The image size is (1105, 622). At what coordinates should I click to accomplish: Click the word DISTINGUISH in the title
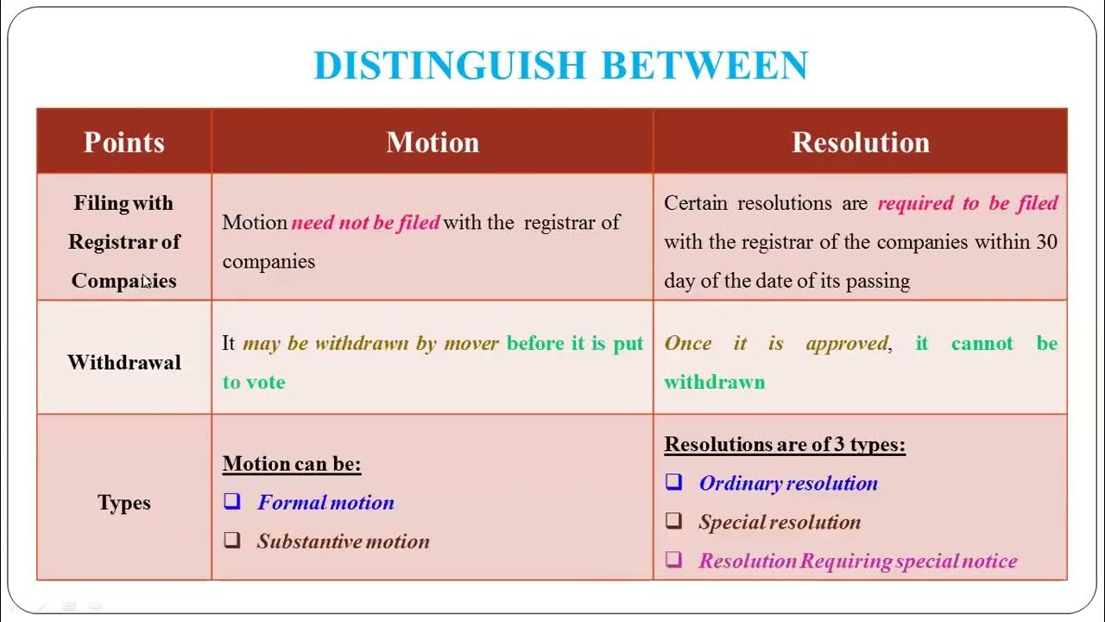pos(450,66)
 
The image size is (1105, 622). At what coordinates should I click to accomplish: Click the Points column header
pos(124,143)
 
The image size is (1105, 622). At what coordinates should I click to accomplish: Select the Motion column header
pos(433,143)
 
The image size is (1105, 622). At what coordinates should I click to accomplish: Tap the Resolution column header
pos(861,143)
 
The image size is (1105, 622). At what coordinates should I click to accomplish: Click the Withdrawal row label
pos(124,362)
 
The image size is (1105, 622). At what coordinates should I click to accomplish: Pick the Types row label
pos(124,503)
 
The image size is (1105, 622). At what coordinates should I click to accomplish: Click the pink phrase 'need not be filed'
pos(366,223)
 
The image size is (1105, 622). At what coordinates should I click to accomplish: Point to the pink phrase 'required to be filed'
pos(968,204)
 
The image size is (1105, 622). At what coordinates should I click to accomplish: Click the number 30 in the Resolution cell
pos(1046,242)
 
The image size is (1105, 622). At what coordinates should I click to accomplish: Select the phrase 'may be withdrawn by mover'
pos(371,344)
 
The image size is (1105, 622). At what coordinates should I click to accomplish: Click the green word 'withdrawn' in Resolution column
pos(714,382)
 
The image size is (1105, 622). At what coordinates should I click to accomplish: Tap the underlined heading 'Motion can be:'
pos(292,464)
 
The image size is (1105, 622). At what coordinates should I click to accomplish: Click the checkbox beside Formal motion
pos(232,501)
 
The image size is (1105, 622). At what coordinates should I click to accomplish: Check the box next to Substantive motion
pos(232,541)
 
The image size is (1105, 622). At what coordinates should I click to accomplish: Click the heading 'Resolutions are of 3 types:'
pos(785,445)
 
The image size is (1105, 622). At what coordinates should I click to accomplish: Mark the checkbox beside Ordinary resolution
pos(673,482)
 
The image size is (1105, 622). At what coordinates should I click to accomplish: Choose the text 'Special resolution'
pos(780,522)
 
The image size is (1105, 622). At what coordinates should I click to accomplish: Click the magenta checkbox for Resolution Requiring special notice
pos(673,560)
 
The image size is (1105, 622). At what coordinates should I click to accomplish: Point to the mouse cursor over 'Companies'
pos(147,281)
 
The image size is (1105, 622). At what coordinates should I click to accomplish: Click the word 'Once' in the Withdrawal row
pos(688,344)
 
